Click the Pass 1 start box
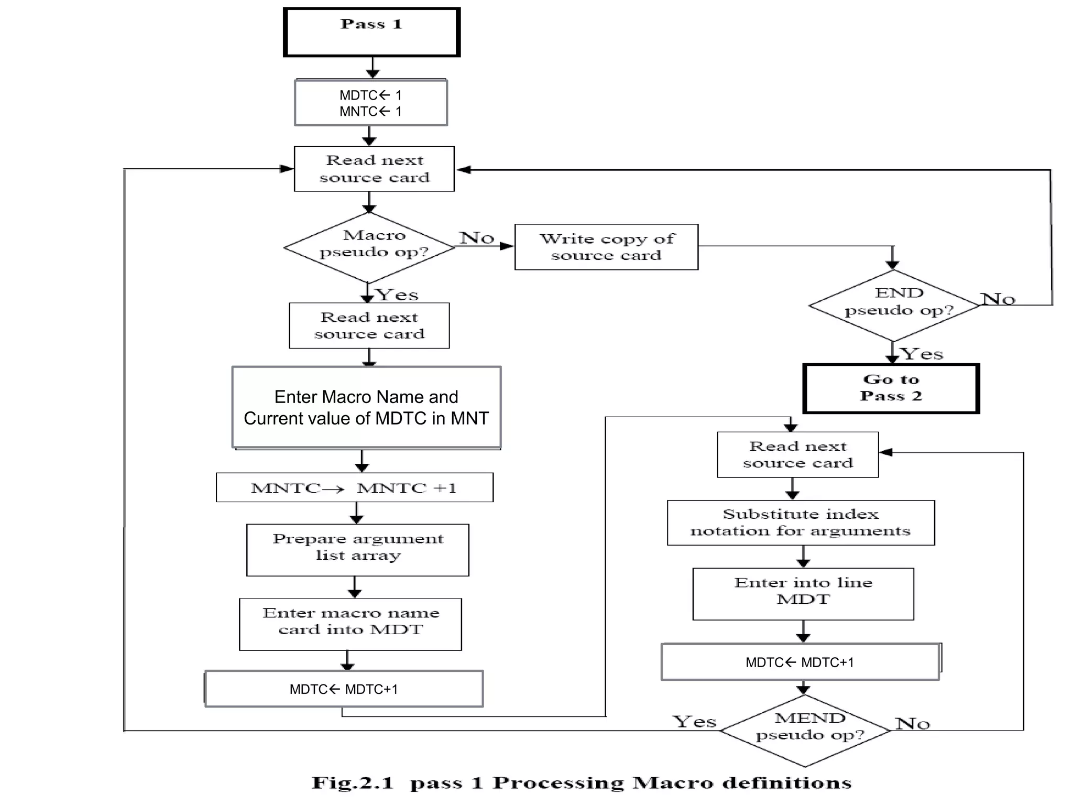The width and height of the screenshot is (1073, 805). pos(371,32)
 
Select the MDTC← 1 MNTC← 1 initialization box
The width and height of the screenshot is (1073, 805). pos(371,103)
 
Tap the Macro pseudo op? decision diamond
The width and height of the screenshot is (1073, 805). pos(369,247)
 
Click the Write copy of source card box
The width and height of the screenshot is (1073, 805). pos(606,247)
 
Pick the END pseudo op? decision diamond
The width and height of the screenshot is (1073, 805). pos(894,306)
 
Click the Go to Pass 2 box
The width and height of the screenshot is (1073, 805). pos(891,388)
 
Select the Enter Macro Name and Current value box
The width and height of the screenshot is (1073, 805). pos(366,407)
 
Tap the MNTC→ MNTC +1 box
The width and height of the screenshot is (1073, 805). pos(355,488)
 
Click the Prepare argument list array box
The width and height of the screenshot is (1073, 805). pos(358,550)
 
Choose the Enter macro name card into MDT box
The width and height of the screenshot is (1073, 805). pos(351,624)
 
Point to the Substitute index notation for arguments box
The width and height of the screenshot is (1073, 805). pos(801,523)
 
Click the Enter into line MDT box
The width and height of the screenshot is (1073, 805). pos(803,594)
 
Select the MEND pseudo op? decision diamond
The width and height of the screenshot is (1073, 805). pos(806,731)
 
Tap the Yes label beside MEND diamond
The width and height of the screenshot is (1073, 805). pos(694,722)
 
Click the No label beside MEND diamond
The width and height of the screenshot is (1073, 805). pos(912,724)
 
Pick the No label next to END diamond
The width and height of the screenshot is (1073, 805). pos(998,299)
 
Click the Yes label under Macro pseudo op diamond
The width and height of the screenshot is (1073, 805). pos(397,295)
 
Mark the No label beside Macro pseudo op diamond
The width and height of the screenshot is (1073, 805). pos(477,238)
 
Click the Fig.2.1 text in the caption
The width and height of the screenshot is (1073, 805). pos(352,783)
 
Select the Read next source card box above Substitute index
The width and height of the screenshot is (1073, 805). pos(797,454)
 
